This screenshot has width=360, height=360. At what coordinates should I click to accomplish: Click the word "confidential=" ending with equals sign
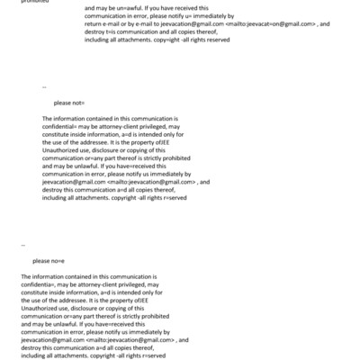click(62, 127)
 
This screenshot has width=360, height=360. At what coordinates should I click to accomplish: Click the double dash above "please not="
click(45, 87)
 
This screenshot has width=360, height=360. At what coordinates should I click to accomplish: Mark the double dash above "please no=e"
click(24, 245)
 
